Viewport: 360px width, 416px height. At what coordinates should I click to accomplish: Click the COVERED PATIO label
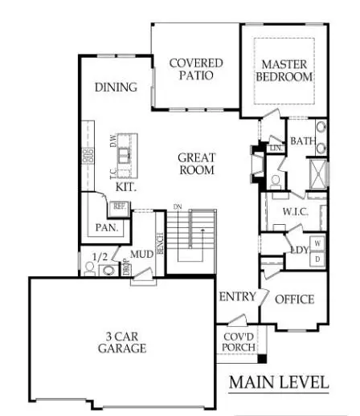coord(190,69)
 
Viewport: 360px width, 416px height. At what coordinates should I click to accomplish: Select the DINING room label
coord(116,88)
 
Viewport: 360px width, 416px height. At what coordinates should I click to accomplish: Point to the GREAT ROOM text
coord(196,164)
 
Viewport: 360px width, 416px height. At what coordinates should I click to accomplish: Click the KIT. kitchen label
coord(125,186)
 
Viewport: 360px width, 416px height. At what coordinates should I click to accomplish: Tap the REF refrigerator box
coord(120,206)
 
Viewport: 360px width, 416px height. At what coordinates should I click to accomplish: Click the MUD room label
coord(141,255)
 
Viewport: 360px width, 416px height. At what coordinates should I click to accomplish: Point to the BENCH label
coord(161,243)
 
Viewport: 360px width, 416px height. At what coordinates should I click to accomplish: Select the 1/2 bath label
coord(100,256)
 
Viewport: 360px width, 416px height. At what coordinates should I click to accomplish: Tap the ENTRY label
coord(237,297)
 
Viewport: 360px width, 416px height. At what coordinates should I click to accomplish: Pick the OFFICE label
coord(294,299)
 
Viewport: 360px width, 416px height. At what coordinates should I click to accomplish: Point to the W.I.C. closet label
coord(290,212)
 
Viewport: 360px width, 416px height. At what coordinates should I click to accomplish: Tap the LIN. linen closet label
coord(276,148)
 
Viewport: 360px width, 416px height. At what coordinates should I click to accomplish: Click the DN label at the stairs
coord(178,207)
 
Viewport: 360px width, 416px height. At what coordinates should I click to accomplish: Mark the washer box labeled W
coord(317,243)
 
